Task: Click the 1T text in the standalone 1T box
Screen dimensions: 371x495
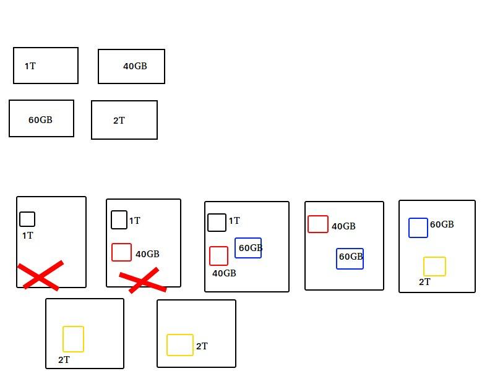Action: pyautogui.click(x=30, y=66)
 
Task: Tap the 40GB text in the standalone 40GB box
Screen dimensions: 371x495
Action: pyautogui.click(x=135, y=66)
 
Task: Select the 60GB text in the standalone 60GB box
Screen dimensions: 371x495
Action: pyautogui.click(x=40, y=120)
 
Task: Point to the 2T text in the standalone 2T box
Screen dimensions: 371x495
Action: pyautogui.click(x=119, y=121)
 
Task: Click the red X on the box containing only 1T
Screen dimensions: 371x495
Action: pyautogui.click(x=40, y=276)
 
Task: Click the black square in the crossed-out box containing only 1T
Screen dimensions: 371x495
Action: pyautogui.click(x=27, y=219)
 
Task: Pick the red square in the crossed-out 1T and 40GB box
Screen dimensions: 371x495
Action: pyautogui.click(x=122, y=252)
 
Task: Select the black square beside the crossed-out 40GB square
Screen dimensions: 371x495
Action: pyautogui.click(x=119, y=220)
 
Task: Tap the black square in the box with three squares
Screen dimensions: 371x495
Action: pyautogui.click(x=217, y=223)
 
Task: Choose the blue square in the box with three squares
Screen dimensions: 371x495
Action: pyautogui.click(x=248, y=248)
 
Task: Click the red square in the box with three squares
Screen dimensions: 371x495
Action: pyautogui.click(x=218, y=256)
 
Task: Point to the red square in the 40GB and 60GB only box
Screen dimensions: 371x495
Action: pyautogui.click(x=318, y=224)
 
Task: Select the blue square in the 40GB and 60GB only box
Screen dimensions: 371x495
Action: pyautogui.click(x=350, y=258)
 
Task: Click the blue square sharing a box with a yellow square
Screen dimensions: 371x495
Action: pyautogui.click(x=418, y=228)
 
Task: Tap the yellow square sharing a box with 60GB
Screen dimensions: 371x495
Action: pyautogui.click(x=434, y=267)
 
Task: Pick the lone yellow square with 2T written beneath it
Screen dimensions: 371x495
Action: pyautogui.click(x=73, y=339)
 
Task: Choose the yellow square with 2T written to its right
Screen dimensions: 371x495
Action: pyautogui.click(x=180, y=345)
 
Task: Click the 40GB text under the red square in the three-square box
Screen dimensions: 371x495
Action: pyautogui.click(x=224, y=273)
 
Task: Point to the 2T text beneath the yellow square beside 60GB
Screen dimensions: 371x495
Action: pyautogui.click(x=424, y=282)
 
